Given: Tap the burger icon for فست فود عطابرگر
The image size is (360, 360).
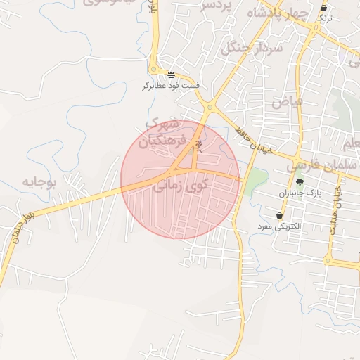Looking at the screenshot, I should click(x=172, y=75).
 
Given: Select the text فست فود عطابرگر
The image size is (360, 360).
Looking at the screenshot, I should click(x=172, y=86).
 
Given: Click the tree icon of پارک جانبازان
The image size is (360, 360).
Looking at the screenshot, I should click(x=300, y=182).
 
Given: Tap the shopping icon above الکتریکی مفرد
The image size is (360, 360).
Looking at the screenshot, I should click(x=280, y=215).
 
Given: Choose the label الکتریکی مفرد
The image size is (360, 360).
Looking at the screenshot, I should click(x=279, y=226).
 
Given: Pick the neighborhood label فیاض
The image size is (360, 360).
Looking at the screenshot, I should click(x=288, y=100).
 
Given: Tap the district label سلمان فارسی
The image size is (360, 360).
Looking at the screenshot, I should click(x=317, y=166).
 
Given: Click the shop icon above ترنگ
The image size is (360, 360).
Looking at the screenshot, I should click(x=324, y=8).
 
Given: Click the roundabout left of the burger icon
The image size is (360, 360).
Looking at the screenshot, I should click(x=153, y=70).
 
